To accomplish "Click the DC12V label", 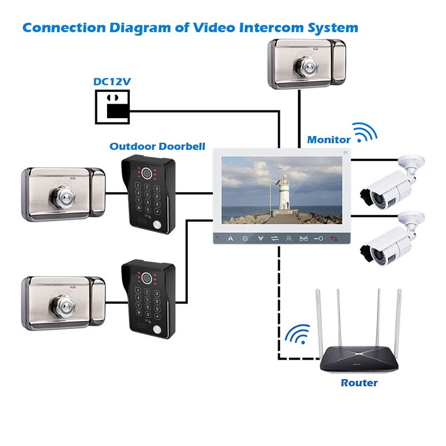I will pos(111,82).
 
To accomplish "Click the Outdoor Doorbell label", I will pos(157,147).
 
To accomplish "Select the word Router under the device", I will pos(359,383).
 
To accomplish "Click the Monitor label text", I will pos(328,140).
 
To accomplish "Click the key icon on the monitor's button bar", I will pos(318,238).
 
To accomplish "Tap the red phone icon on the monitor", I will pos(333,238).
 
